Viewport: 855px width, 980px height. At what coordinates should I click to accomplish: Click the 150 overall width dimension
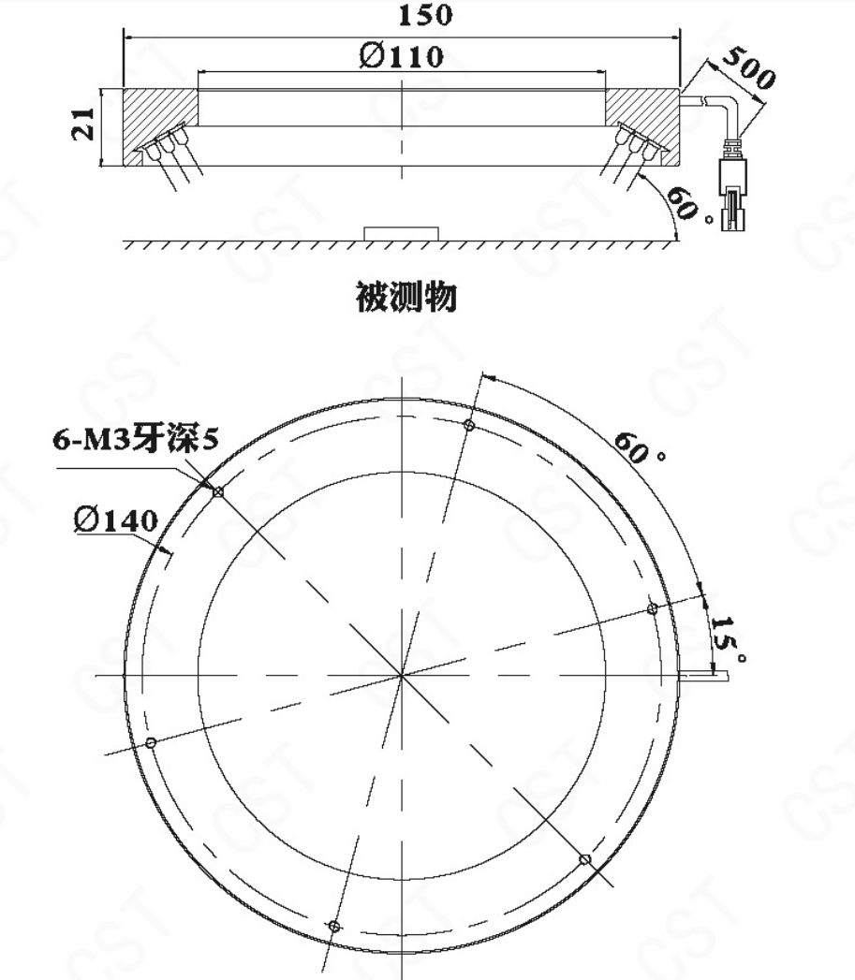click(424, 15)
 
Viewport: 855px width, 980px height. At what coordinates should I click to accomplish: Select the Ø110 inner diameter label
click(402, 56)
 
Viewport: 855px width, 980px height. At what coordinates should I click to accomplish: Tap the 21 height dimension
click(83, 124)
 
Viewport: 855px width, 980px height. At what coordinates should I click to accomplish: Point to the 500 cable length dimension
click(748, 66)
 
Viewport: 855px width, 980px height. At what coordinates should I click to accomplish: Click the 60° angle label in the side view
click(689, 204)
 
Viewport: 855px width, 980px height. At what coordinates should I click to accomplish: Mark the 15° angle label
click(729, 638)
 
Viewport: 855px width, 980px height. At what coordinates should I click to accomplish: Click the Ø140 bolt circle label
click(116, 520)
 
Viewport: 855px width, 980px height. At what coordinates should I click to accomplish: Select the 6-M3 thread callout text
click(136, 439)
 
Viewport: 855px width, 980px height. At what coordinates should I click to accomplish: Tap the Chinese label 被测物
click(405, 297)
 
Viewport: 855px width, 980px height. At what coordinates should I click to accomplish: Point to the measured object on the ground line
click(402, 234)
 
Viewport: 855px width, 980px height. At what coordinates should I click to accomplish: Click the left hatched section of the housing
click(160, 125)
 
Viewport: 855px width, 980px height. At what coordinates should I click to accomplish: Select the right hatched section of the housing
click(642, 125)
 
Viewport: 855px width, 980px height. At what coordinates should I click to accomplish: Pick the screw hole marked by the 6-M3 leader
click(217, 492)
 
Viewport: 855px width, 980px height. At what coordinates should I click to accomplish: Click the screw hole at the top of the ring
click(469, 426)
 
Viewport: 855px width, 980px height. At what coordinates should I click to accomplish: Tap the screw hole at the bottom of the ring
click(334, 926)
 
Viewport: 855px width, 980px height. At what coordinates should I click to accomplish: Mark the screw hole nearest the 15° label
click(652, 608)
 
